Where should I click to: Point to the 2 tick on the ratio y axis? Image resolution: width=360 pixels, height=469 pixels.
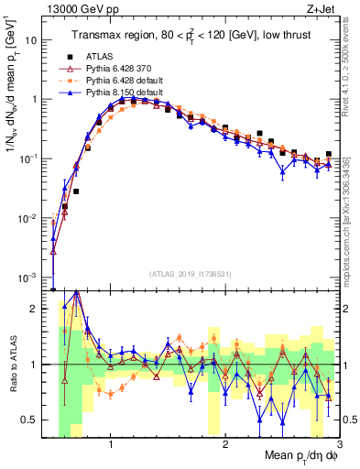38,309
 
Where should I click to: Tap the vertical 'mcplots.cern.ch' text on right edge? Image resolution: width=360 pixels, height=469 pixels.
352,211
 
